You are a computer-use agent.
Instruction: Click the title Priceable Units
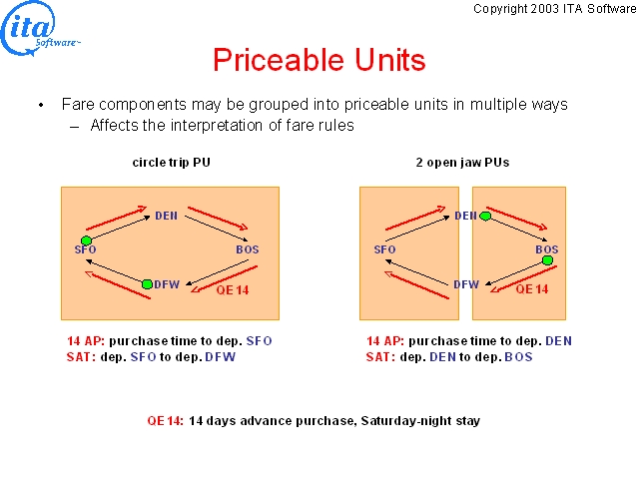click(319, 60)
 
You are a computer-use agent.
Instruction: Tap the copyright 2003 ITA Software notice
click(555, 9)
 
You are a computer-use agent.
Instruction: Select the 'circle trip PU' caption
click(171, 162)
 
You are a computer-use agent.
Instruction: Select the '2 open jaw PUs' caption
click(462, 162)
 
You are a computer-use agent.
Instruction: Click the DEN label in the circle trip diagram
click(167, 216)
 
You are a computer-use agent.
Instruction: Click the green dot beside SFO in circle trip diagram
click(86, 240)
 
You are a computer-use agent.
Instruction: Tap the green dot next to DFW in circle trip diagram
click(147, 283)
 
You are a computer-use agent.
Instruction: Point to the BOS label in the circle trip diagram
click(248, 249)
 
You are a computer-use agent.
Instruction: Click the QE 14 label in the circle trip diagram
click(233, 290)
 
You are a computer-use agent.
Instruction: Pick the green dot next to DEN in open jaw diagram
click(485, 216)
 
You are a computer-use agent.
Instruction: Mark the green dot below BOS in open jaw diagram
click(547, 259)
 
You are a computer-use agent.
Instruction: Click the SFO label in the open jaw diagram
click(384, 249)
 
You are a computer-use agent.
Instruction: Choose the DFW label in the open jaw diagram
click(466, 283)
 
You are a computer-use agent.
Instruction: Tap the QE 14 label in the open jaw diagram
click(532, 289)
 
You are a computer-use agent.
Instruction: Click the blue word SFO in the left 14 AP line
click(260, 341)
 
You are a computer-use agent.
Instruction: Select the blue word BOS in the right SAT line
click(519, 357)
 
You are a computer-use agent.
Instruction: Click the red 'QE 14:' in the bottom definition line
click(165, 421)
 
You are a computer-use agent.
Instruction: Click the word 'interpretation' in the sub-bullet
click(217, 126)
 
